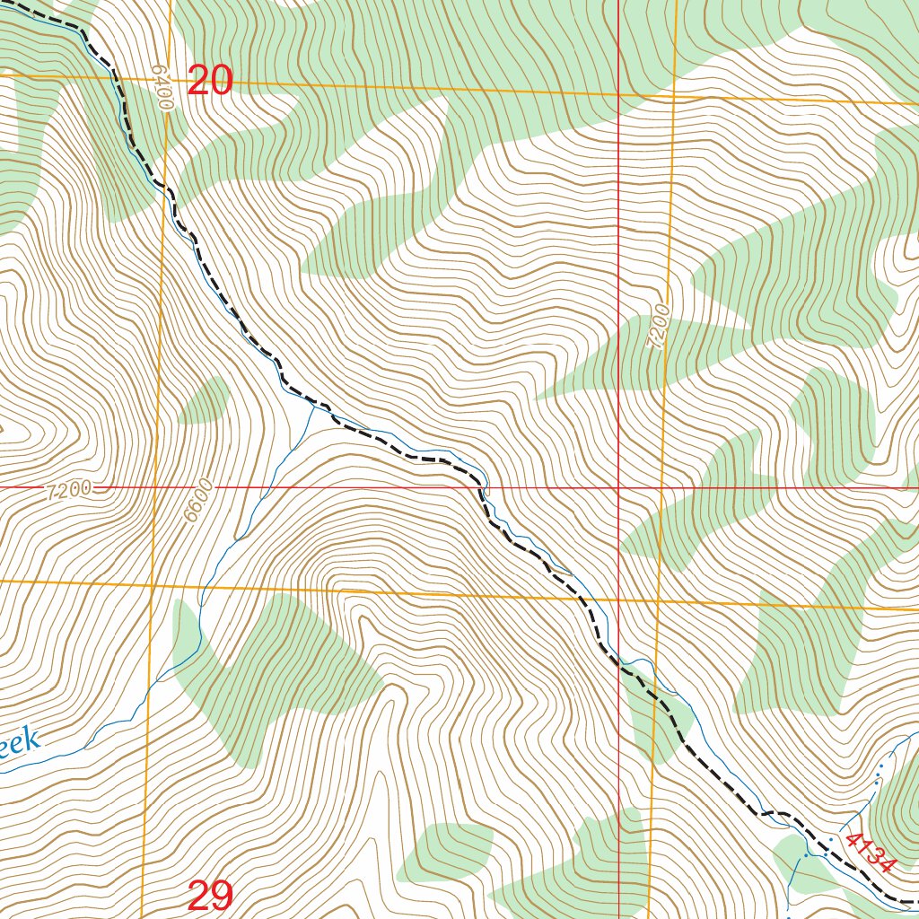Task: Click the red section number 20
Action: [210, 82]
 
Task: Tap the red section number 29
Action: [211, 895]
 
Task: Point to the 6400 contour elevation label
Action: [162, 87]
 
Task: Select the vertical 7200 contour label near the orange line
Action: [660, 328]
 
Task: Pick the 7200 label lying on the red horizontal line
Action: [67, 489]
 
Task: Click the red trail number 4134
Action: [870, 853]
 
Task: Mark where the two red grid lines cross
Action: [619, 487]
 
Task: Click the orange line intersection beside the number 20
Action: [166, 79]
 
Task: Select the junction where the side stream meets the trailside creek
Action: [311, 405]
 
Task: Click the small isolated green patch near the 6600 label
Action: [206, 401]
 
